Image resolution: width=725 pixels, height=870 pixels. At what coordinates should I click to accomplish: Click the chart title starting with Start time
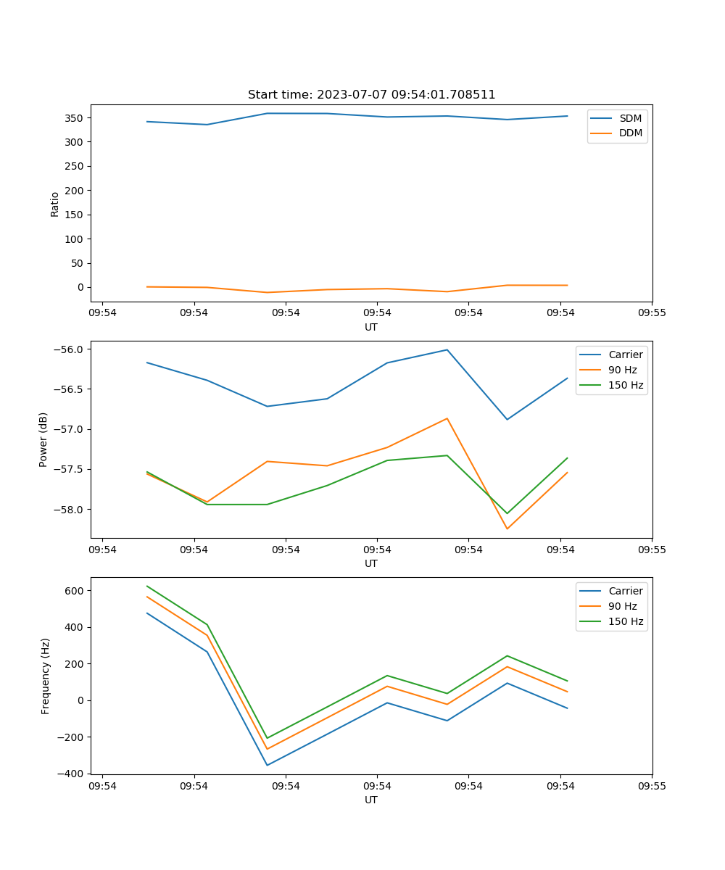371,95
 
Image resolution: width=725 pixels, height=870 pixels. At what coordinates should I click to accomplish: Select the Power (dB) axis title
43,439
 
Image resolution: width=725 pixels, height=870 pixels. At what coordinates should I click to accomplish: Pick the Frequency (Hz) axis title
45,676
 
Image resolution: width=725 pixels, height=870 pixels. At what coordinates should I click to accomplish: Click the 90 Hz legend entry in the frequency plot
623,606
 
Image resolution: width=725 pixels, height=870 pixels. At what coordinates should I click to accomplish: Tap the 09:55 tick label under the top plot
652,313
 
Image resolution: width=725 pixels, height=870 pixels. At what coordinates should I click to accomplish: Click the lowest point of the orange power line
507,529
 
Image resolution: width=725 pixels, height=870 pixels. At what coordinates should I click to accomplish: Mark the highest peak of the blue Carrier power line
447,349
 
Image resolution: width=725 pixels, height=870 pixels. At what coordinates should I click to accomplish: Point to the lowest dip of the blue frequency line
267,765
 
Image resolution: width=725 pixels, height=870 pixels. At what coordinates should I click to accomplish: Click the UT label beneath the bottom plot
371,800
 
